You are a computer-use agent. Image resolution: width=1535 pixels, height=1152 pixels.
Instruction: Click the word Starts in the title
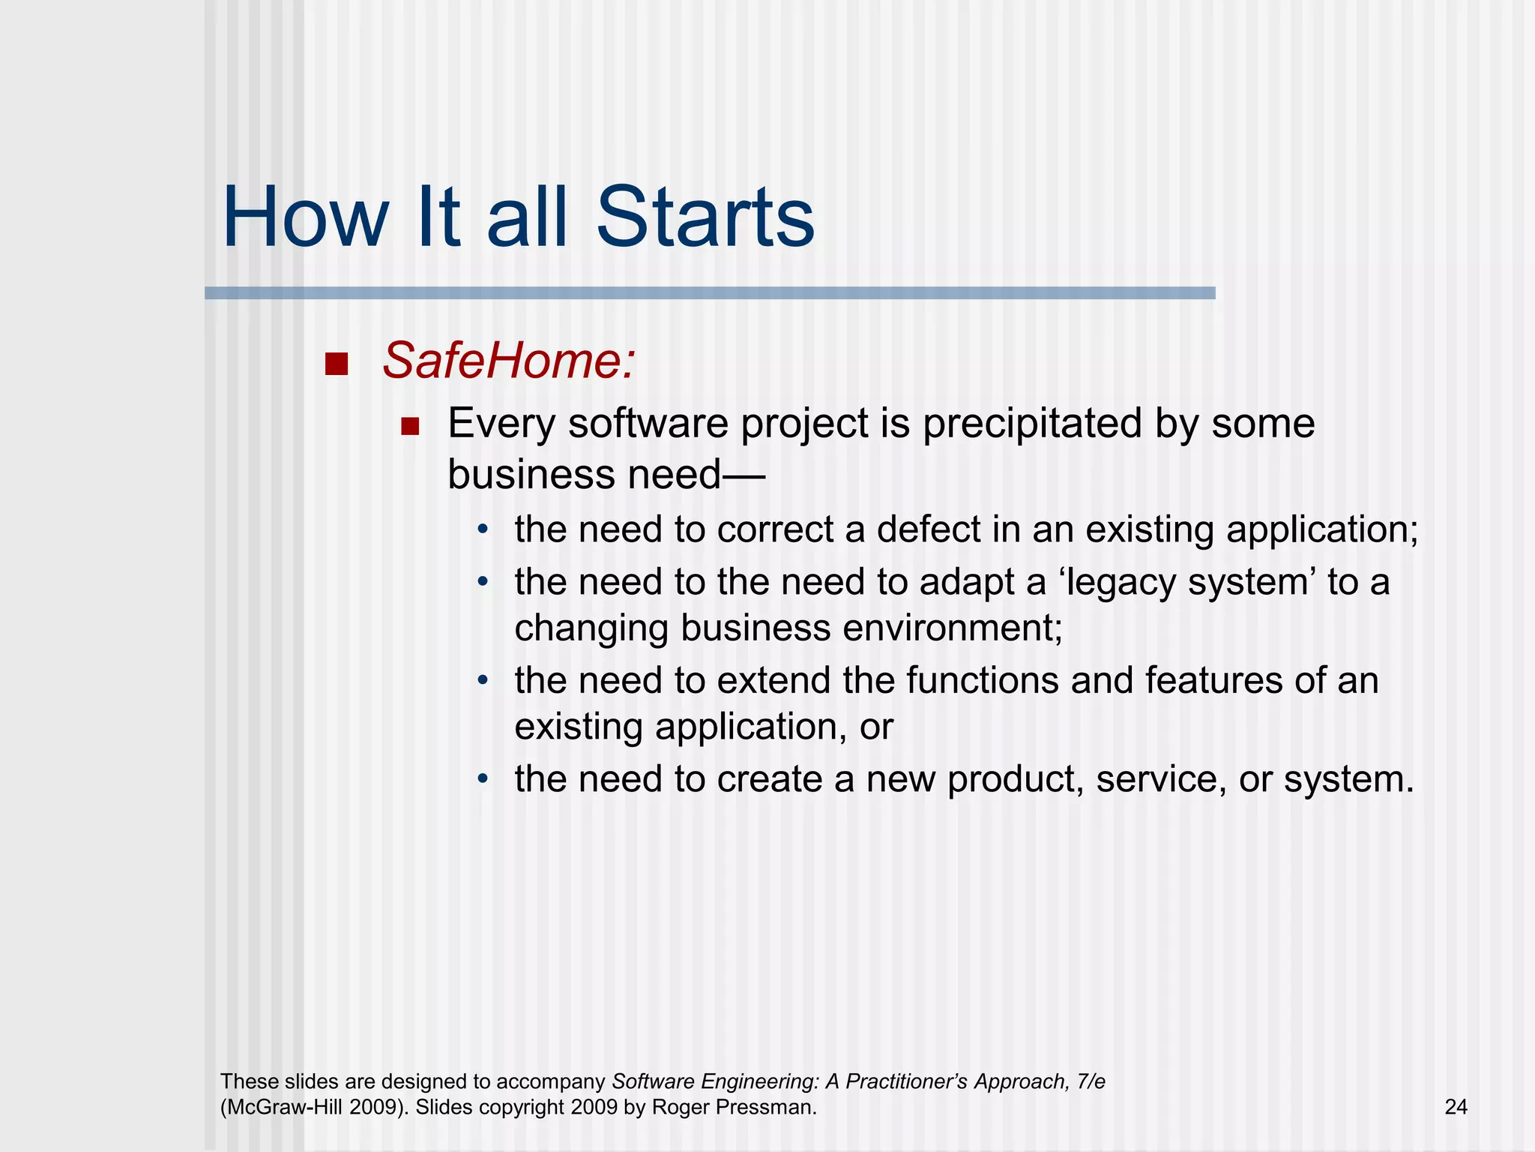(x=705, y=217)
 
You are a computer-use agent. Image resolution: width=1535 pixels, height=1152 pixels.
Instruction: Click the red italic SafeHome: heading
(x=509, y=361)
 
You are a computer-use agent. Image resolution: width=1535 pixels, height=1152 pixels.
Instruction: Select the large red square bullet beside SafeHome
(x=337, y=364)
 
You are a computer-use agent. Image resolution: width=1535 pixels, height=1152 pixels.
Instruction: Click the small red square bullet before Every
(x=409, y=427)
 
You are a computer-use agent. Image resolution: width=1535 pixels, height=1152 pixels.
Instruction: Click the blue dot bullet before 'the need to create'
(x=483, y=779)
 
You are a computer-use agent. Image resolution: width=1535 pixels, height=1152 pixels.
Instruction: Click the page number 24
(x=1456, y=1107)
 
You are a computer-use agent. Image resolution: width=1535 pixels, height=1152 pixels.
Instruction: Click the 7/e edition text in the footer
(x=1091, y=1081)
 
